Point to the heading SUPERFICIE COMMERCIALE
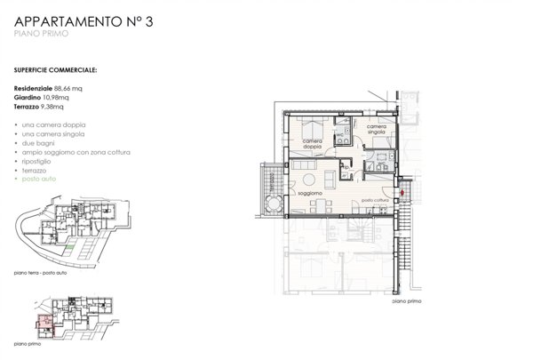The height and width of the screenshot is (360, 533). pyautogui.click(x=56, y=68)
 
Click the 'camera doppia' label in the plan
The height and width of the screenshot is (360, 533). pyautogui.click(x=313, y=145)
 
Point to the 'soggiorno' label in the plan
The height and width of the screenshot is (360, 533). pyautogui.click(x=309, y=192)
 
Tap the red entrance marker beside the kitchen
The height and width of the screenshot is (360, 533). pyautogui.click(x=401, y=192)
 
